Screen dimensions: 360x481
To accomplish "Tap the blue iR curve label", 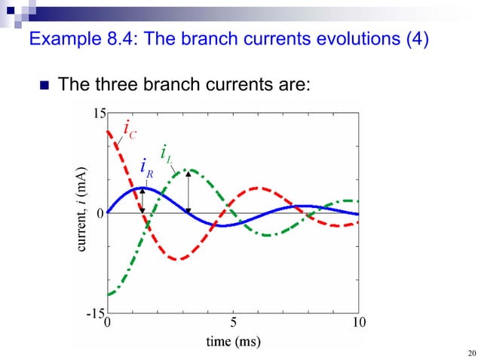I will click(147, 167).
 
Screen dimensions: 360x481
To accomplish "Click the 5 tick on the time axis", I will click(233, 323).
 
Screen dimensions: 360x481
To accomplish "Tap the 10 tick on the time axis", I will click(359, 323).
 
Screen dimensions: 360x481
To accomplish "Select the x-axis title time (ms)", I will click(233, 342).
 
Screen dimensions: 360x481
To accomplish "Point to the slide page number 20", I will click(472, 353).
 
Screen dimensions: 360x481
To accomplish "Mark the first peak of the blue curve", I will click(142, 188).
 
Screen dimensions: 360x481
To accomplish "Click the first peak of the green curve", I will click(189, 169).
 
